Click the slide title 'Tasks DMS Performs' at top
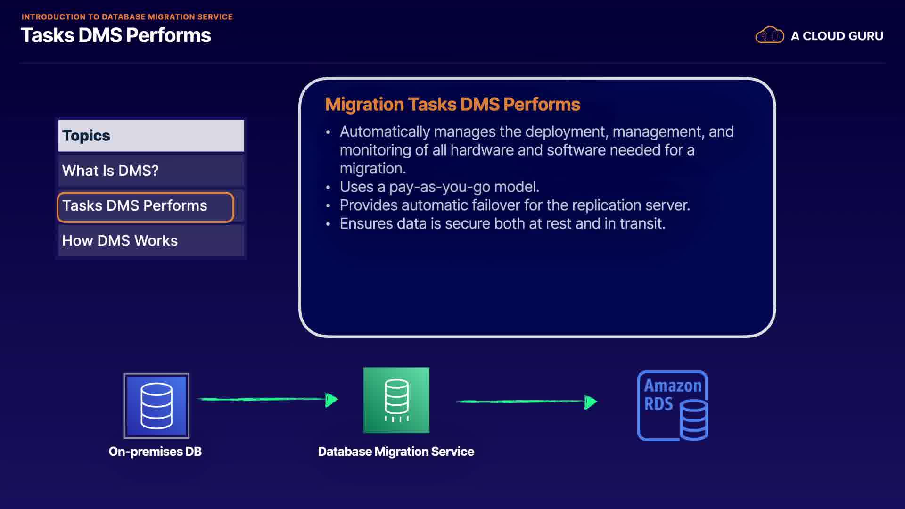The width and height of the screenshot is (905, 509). click(116, 35)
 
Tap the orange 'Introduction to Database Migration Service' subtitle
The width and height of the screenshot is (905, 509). click(127, 17)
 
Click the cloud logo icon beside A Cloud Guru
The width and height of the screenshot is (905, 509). click(770, 35)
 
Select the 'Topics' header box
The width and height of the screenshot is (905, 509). click(151, 136)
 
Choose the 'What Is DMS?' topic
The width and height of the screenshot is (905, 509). click(151, 171)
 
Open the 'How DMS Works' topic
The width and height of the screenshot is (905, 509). click(151, 241)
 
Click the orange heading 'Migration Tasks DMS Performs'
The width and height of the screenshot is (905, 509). click(452, 104)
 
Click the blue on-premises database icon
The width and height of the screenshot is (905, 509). click(156, 406)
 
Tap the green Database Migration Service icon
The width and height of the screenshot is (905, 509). click(396, 400)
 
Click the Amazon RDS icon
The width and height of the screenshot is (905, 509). click(673, 406)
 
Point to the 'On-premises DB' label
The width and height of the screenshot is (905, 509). click(155, 452)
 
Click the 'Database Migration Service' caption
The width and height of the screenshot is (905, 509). click(396, 452)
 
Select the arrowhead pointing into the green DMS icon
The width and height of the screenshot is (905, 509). click(332, 400)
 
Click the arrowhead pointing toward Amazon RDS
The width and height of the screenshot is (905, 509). click(591, 402)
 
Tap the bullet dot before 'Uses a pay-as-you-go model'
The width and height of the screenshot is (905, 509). click(328, 188)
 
